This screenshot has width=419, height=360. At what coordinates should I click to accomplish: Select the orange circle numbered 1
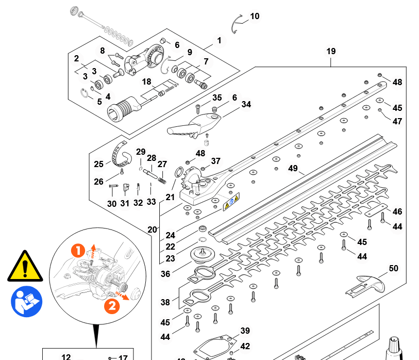click(x=78, y=251)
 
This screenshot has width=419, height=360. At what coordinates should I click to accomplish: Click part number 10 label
click(x=255, y=17)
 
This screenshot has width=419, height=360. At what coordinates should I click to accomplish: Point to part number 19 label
click(x=331, y=51)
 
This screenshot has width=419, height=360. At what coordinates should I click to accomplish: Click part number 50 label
click(x=393, y=268)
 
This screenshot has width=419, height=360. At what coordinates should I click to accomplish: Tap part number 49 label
click(x=293, y=169)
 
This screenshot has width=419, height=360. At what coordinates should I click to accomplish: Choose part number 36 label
click(x=165, y=274)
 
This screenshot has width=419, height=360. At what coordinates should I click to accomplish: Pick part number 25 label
click(x=99, y=164)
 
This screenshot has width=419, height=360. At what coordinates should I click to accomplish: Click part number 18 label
click(x=147, y=81)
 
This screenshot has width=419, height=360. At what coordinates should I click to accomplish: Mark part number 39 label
click(x=245, y=331)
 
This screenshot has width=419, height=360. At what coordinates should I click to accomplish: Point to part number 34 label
click(x=246, y=104)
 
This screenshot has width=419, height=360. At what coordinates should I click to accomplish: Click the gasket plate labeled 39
click(x=212, y=347)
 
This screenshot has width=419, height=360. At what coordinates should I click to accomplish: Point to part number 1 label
click(x=219, y=40)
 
